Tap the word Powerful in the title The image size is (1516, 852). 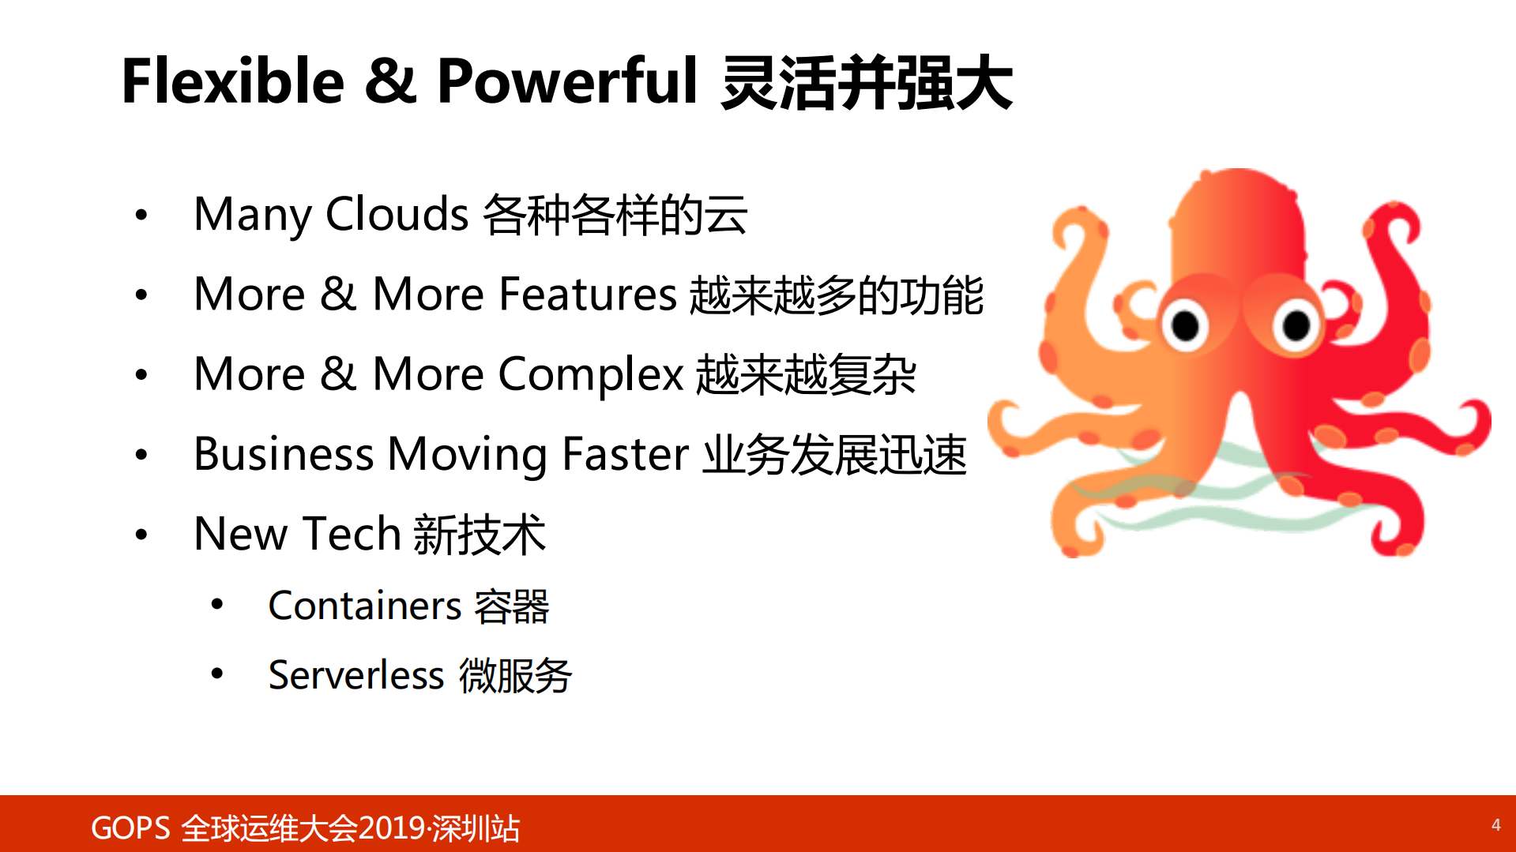point(567,81)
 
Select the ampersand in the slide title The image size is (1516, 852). point(389,81)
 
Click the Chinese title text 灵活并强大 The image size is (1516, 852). point(867,83)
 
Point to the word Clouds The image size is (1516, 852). point(397,214)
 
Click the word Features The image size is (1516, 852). point(588,295)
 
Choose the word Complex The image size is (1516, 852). point(590,374)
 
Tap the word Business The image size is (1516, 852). point(284,454)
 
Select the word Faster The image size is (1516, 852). point(626,454)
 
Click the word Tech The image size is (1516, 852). point(352,534)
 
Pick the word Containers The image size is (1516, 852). point(365,606)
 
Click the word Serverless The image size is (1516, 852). point(356,676)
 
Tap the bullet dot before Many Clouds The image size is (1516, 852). point(141,215)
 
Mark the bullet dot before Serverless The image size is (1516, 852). point(217,674)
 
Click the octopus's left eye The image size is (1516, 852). point(1185,325)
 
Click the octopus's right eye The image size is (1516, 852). point(1296,325)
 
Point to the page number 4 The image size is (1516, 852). point(1495,825)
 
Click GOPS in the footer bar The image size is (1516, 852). point(130,828)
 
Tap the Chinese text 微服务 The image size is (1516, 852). point(515,676)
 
